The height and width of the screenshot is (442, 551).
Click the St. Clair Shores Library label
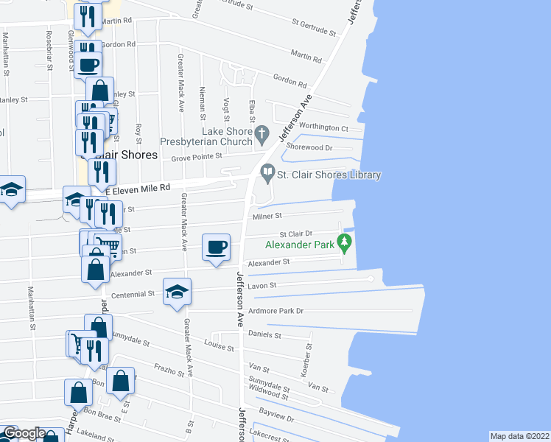pos(329,175)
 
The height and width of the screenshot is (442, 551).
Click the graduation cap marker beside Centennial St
pos(178,292)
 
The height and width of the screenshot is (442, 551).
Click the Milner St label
pos(268,216)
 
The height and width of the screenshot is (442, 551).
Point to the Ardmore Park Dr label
pos(276,311)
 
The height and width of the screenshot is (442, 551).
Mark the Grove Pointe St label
pos(197,157)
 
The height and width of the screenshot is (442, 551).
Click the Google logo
pos(25,433)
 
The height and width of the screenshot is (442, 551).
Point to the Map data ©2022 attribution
pos(520,436)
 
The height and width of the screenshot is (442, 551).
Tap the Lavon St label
pos(262,285)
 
